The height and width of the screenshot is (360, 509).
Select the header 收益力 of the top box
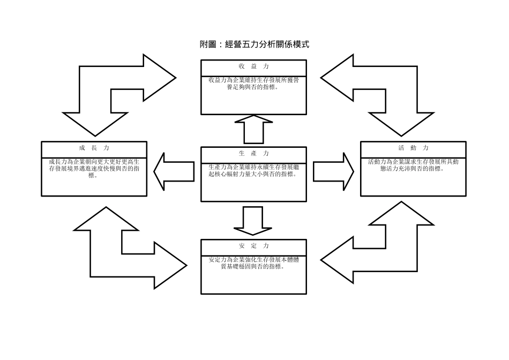pos(253,66)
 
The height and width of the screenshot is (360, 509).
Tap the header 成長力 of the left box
pos(94,147)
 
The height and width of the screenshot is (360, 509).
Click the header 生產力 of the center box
pos(253,153)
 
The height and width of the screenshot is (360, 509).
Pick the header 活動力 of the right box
pos(413,147)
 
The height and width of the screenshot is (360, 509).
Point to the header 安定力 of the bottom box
pos(253,246)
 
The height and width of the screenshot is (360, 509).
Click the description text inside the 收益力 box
pos(253,83)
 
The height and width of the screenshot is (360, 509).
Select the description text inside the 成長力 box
pos(94,168)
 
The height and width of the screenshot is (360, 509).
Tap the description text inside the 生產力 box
pos(253,170)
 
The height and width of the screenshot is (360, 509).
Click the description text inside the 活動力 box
pos(413,164)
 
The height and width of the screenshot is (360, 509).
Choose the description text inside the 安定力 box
pos(253,263)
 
